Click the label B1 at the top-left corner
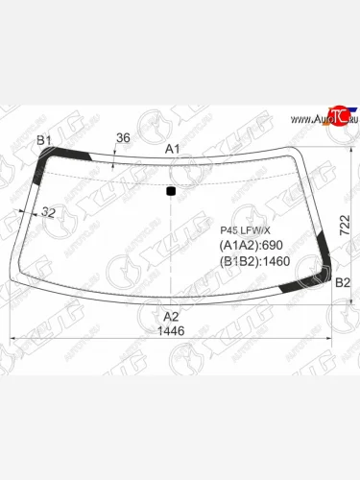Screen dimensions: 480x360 click(x=43, y=141)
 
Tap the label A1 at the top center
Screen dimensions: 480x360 click(x=172, y=149)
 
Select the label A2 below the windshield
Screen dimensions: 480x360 click(x=171, y=316)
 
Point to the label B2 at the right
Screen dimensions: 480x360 click(x=342, y=282)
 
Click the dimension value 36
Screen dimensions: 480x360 click(x=122, y=138)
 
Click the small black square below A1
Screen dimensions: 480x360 click(x=171, y=190)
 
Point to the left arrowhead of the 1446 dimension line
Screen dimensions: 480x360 click(x=12, y=338)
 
